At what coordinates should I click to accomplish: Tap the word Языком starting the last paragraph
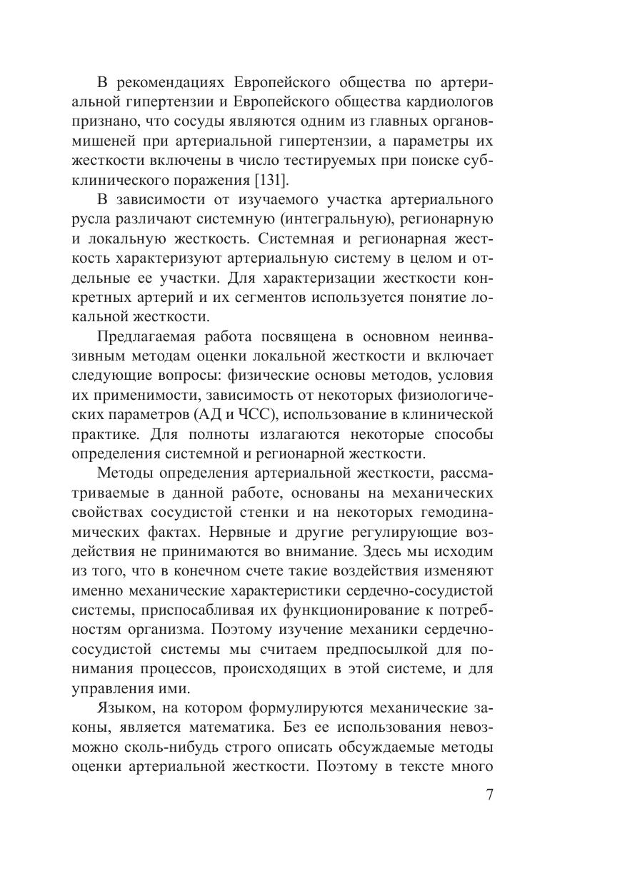pos(122,708)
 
